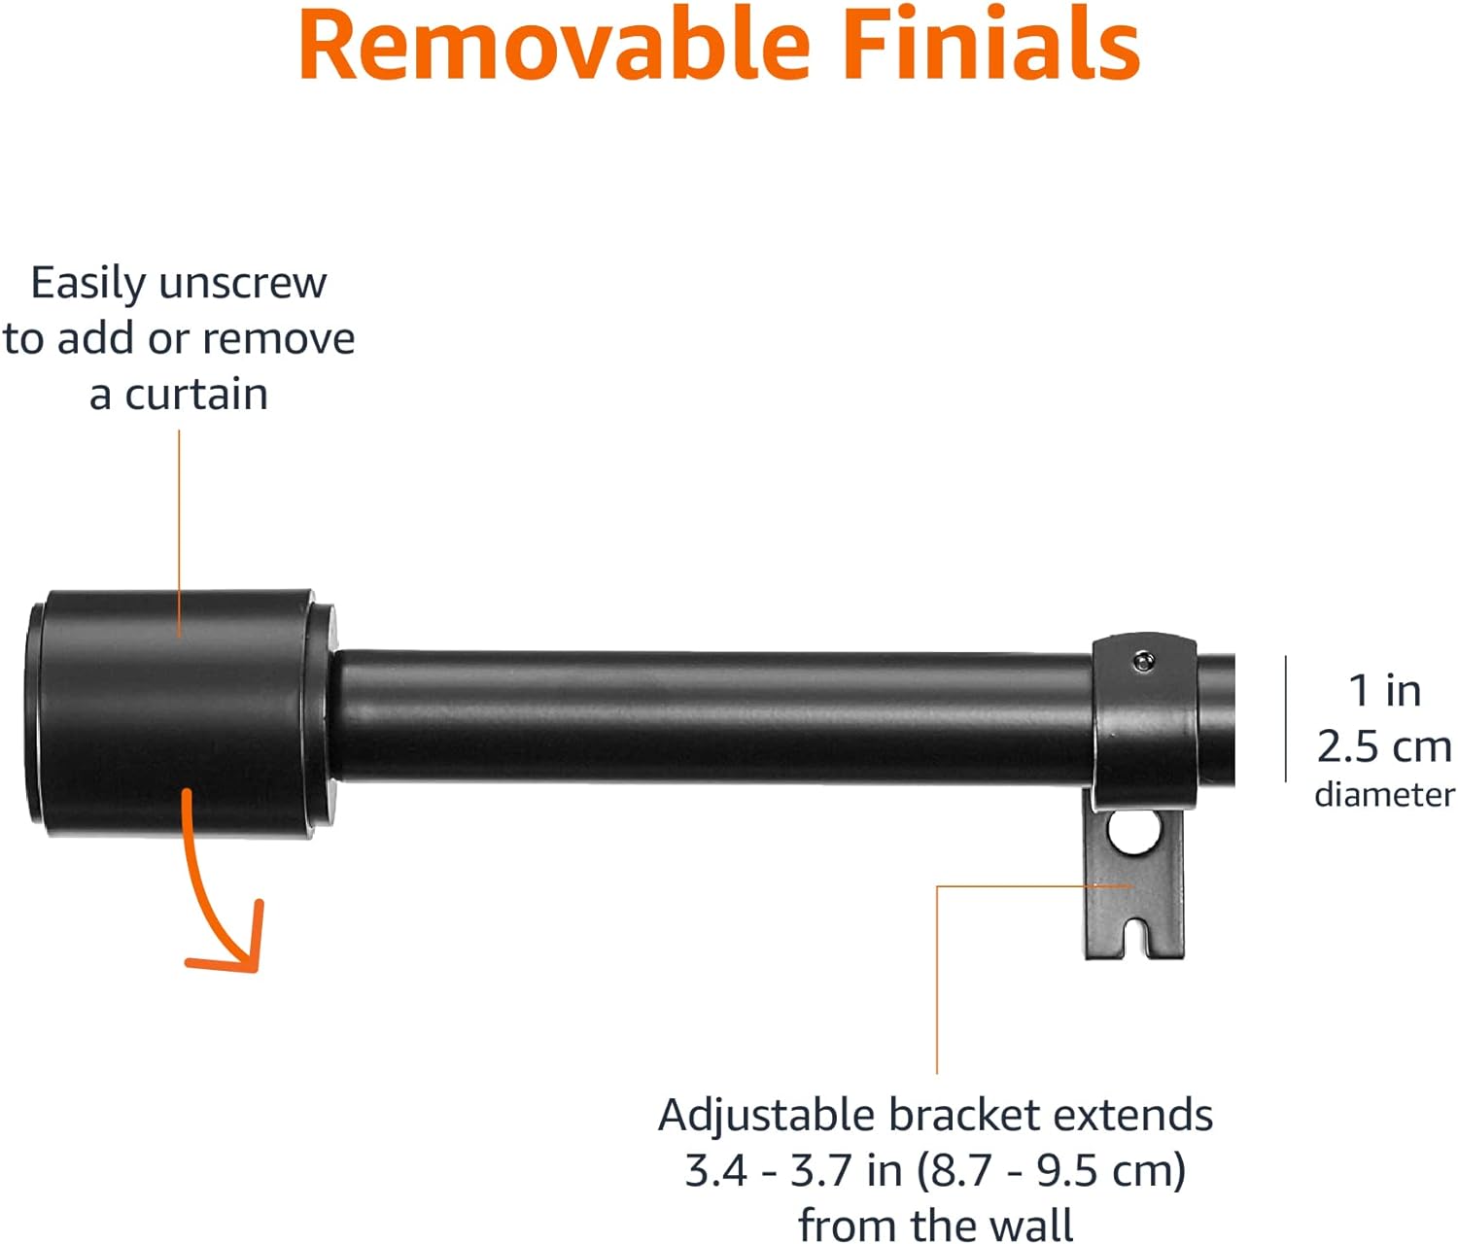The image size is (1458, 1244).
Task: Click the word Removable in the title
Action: [x=554, y=45]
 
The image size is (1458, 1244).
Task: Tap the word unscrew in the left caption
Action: [x=243, y=284]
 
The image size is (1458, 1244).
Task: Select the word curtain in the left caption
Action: [x=196, y=395]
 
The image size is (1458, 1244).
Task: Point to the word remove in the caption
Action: [x=279, y=339]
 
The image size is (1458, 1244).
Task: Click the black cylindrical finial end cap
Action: [x=181, y=713]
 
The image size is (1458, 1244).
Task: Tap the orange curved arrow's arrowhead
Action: [x=232, y=942]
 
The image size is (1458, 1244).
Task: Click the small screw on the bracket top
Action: [x=1143, y=662]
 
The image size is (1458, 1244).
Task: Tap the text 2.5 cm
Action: [x=1384, y=746]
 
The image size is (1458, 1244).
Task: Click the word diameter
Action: [x=1384, y=795]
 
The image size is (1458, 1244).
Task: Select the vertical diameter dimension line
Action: [x=1286, y=718]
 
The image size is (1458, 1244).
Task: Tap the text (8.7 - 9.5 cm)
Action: [x=1051, y=1171]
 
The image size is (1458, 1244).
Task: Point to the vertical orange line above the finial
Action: [x=179, y=534]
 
